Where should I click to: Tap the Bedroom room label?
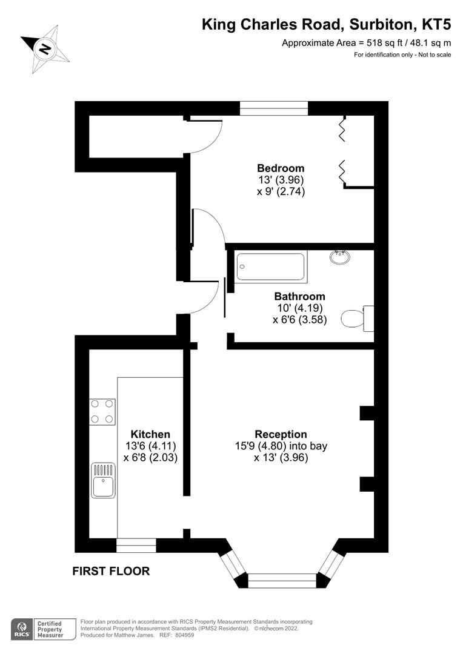(x=280, y=168)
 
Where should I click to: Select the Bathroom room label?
(x=299, y=297)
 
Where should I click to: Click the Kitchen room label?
(x=150, y=434)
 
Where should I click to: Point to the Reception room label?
(x=281, y=434)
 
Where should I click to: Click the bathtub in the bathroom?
(x=270, y=266)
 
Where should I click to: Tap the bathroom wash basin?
(x=340, y=257)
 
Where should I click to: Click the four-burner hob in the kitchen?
(x=102, y=411)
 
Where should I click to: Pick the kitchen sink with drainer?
(x=102, y=480)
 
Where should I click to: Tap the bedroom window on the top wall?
(x=274, y=108)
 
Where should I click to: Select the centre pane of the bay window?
(x=282, y=580)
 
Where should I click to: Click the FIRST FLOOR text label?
(x=111, y=570)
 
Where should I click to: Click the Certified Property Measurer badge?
(x=50, y=629)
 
